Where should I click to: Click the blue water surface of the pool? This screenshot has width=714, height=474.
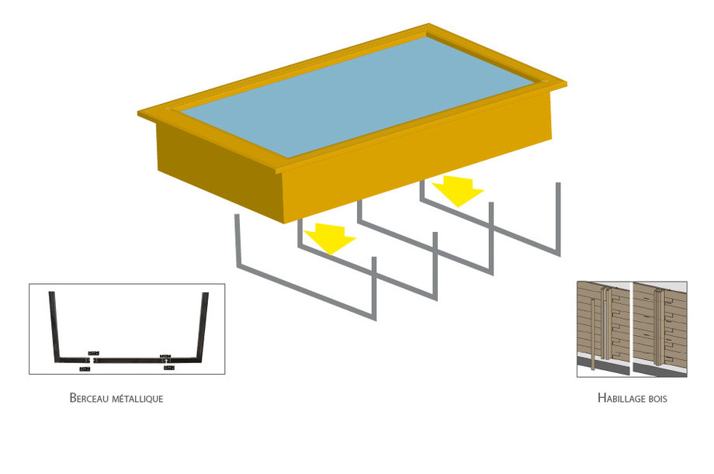(x=357, y=96)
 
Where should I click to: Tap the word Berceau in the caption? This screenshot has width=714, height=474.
(x=89, y=398)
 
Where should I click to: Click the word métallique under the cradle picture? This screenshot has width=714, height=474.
(x=137, y=399)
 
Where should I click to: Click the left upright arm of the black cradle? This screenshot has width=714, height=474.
(x=54, y=326)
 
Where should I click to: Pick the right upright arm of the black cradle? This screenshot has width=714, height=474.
(x=203, y=326)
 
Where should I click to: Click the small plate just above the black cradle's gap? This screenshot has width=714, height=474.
(x=94, y=353)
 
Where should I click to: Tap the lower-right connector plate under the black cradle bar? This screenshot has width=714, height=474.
(x=169, y=367)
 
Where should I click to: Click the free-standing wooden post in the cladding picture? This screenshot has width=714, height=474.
(x=593, y=334)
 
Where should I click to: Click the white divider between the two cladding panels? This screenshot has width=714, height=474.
(x=631, y=329)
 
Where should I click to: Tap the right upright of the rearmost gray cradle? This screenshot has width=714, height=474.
(x=558, y=219)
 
